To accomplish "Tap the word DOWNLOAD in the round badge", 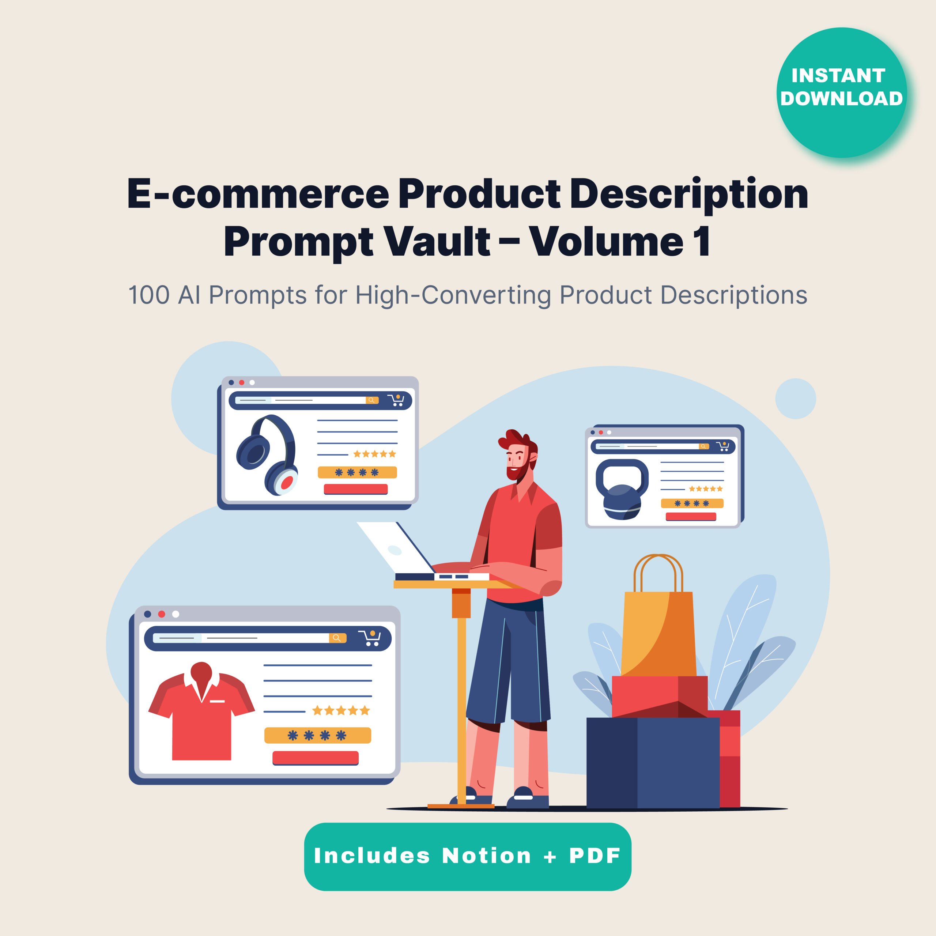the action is pos(842,98).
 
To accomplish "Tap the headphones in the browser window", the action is pos(267,455).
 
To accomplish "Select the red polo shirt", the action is pos(201,711).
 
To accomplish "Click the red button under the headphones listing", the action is pos(356,489).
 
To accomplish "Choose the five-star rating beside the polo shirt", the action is pos(341,711).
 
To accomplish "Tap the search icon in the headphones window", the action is pos(371,400).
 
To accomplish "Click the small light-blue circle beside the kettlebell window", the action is pos(796,399).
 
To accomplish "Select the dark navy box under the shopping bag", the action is pos(653,763).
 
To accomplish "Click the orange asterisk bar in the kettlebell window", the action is pos(692,503).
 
